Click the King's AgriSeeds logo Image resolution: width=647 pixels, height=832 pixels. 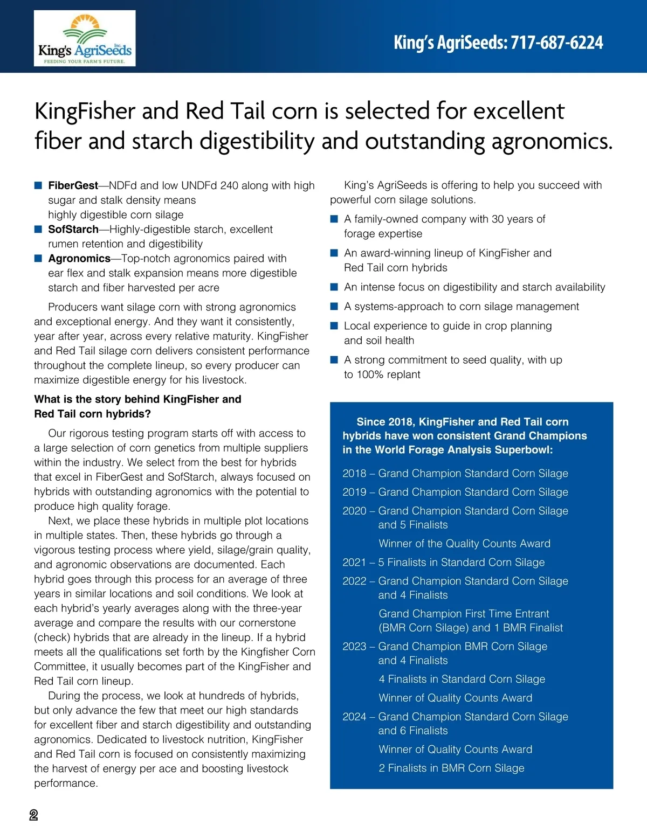pos(85,39)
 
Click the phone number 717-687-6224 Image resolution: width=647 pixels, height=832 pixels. pos(556,43)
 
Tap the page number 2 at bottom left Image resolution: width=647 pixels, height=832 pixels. pos(33,815)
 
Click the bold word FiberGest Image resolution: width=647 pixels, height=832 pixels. pos(73,185)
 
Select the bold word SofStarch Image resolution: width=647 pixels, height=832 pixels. pos(73,229)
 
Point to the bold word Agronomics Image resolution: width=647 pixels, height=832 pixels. pos(79,258)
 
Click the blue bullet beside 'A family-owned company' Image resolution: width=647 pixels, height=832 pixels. pos(334,219)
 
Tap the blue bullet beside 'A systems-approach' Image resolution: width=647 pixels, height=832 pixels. pos(334,306)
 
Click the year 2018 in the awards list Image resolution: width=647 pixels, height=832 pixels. pos(354,473)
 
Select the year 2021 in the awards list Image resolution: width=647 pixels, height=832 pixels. pos(354,562)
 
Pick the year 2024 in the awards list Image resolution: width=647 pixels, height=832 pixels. pos(354,716)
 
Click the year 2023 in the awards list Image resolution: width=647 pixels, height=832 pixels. pos(354,646)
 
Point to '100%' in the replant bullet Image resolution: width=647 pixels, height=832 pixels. pos(369,375)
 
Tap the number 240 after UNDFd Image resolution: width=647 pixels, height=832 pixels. pos(229,185)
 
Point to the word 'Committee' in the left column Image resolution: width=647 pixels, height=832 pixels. pos(59,667)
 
